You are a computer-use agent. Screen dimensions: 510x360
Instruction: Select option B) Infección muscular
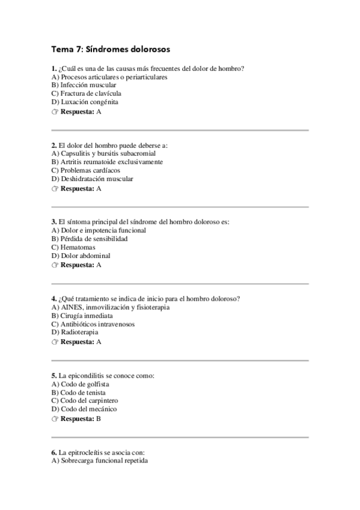coord(84,85)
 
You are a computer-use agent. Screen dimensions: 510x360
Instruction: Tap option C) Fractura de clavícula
coord(87,94)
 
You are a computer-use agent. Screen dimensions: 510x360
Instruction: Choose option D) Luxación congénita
coord(85,102)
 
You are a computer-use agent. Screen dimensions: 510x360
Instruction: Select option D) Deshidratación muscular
coord(93,179)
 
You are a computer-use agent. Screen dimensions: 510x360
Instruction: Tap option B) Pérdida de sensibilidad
coord(90,239)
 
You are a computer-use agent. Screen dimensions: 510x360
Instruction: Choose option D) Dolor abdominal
coord(81,256)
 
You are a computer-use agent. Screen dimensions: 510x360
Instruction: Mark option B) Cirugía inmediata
coord(82,315)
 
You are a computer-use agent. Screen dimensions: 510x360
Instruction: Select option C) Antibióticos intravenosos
coord(93,324)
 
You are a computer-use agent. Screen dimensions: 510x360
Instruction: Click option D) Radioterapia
coord(75,332)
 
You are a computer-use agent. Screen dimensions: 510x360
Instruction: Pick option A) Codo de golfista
coord(81,384)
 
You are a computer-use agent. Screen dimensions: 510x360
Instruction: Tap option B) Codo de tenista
coord(79,392)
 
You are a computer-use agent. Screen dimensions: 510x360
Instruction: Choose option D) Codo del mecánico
coord(84,409)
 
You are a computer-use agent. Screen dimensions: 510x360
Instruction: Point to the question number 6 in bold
coord(54,452)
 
